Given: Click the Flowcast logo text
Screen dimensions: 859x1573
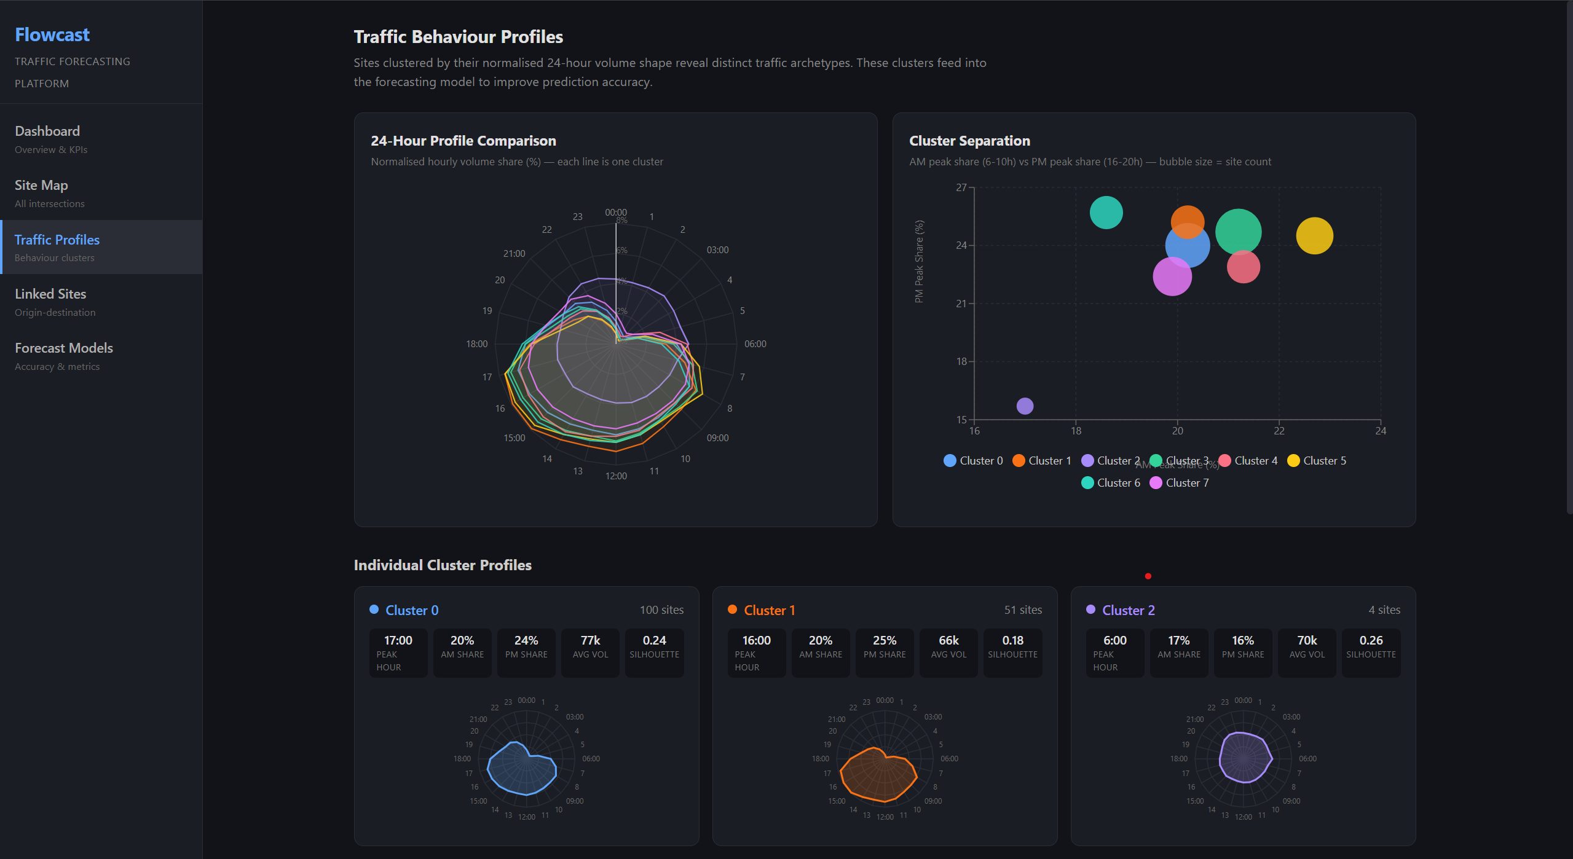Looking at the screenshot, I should (x=52, y=35).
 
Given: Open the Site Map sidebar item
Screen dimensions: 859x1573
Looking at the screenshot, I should (x=41, y=186).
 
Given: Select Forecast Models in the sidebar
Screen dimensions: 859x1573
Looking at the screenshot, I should (x=64, y=348).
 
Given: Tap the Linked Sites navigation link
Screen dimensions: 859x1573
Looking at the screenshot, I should (x=50, y=294).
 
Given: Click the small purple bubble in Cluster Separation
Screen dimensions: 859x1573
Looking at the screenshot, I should (x=1025, y=406).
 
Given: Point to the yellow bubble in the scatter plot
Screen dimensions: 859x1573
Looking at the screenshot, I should (x=1314, y=236).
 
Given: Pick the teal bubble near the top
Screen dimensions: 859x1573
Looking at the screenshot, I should (x=1106, y=213).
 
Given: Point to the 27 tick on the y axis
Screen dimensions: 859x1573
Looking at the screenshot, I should (x=961, y=187).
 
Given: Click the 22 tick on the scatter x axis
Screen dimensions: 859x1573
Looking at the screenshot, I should (x=1279, y=431).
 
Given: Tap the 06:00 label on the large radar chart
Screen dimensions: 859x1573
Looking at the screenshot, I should (x=755, y=344).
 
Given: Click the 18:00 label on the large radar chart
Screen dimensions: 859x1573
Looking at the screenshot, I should (x=476, y=344).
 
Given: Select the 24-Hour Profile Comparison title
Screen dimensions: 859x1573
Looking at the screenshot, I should (x=463, y=141).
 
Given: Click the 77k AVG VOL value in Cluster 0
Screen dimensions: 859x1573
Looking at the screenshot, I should (x=590, y=640).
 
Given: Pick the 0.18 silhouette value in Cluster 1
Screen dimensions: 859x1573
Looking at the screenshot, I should (x=1012, y=640).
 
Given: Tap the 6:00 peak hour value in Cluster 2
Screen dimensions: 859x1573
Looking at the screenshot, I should (x=1114, y=640).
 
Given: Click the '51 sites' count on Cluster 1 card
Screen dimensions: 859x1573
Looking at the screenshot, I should (x=1023, y=610).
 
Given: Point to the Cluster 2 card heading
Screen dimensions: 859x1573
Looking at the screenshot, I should (x=1128, y=610).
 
